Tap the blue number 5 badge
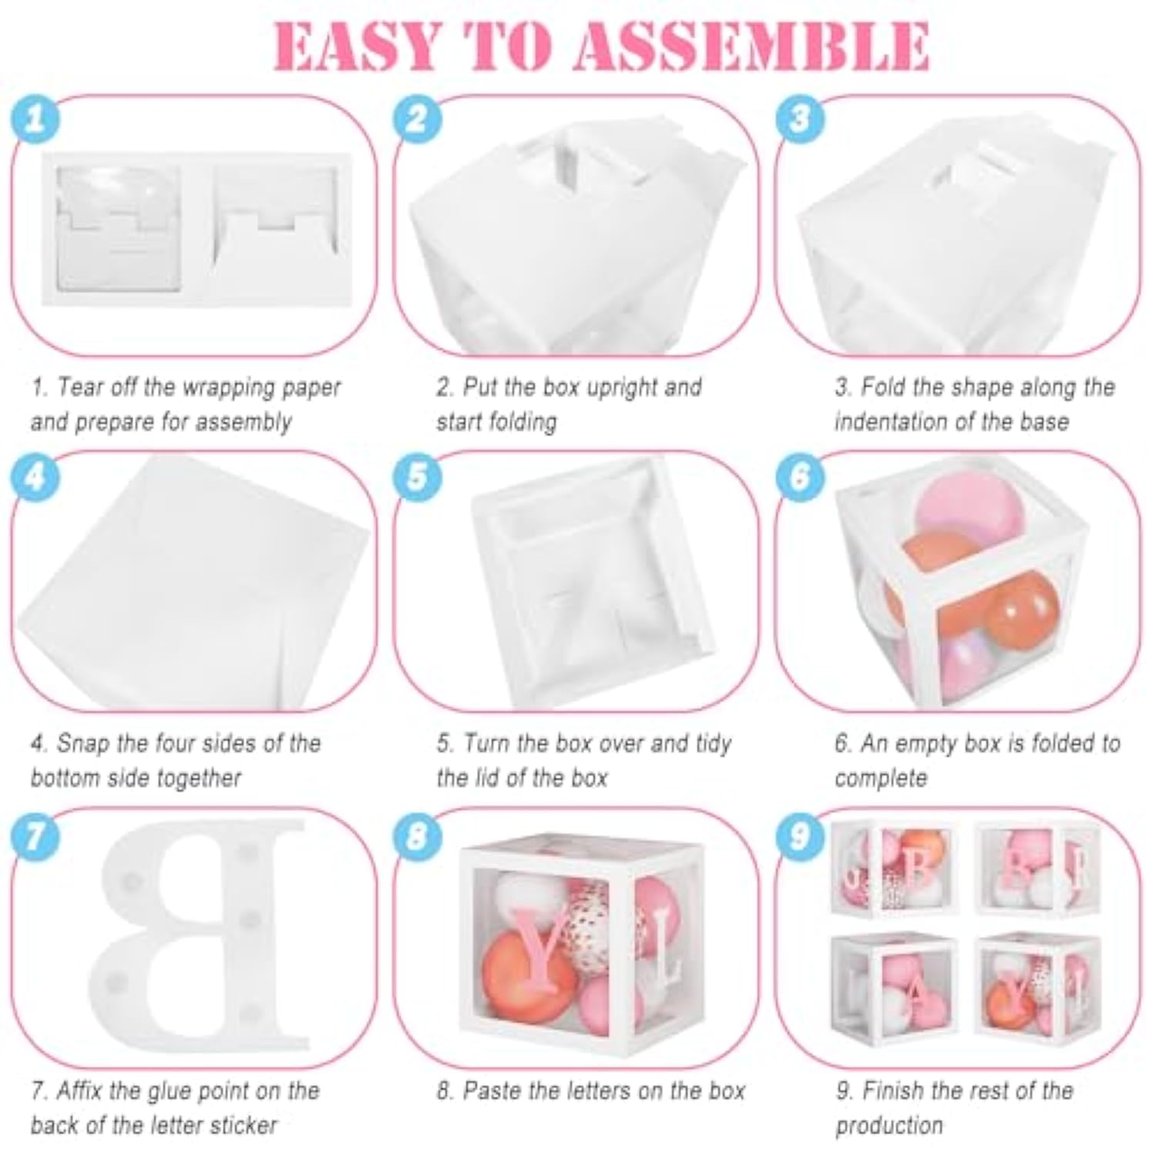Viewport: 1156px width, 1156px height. pyautogui.click(x=417, y=476)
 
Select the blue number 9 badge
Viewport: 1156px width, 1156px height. pyautogui.click(x=799, y=835)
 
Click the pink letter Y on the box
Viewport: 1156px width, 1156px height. pyautogui.click(x=540, y=949)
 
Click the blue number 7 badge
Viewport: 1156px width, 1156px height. pyautogui.click(x=35, y=835)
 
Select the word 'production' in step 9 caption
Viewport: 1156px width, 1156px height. pyautogui.click(x=889, y=1126)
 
